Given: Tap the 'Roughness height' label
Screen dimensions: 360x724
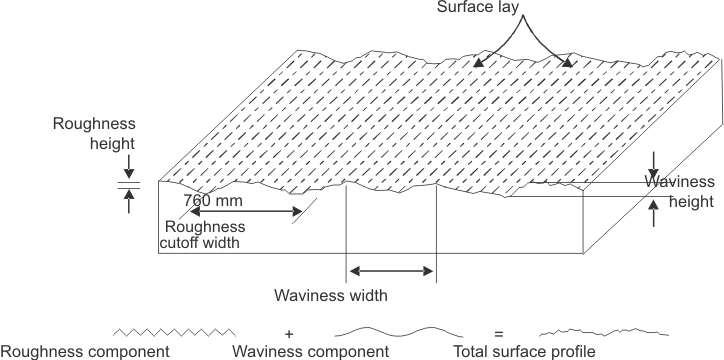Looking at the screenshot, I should pyautogui.click(x=97, y=136).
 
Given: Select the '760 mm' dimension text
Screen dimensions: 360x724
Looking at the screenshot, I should pyautogui.click(x=212, y=198).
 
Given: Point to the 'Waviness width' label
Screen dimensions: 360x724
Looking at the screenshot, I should pyautogui.click(x=330, y=296).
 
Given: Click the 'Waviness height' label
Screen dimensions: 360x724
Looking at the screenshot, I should pyautogui.click(x=680, y=190).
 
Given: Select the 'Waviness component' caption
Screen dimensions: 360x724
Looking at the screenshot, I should pyautogui.click(x=310, y=351).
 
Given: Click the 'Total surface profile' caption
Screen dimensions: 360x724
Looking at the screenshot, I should pyautogui.click(x=524, y=351).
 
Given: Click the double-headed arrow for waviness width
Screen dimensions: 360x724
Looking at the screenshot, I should pyautogui.click(x=391, y=271).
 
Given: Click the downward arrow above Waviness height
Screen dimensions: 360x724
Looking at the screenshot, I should pyautogui.click(x=653, y=163).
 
